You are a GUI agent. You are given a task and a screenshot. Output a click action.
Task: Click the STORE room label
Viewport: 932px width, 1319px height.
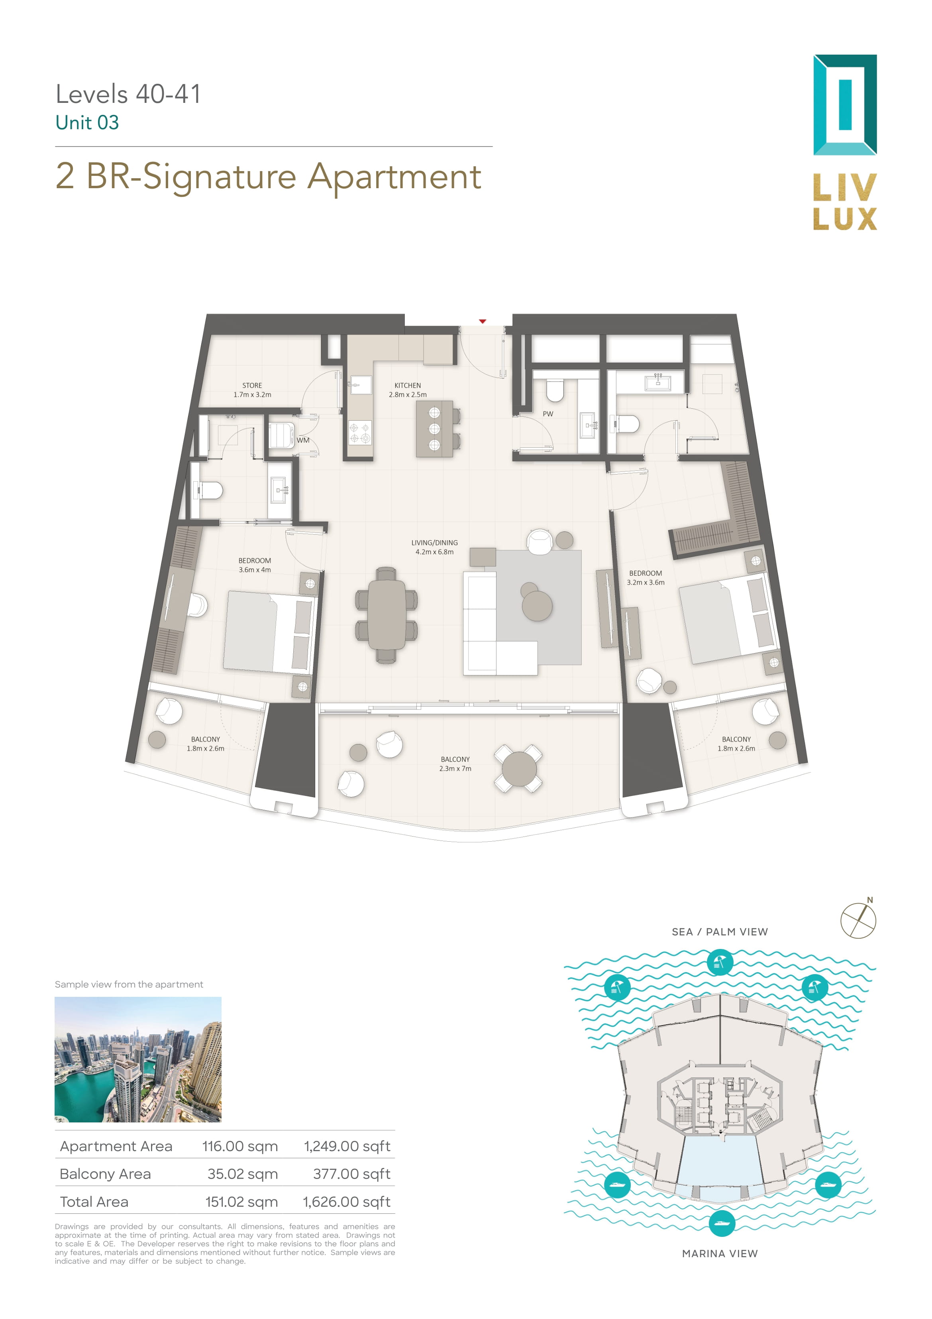pyautogui.click(x=252, y=386)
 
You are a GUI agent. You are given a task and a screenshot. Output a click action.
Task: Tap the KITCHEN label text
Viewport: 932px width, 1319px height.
pyautogui.click(x=408, y=386)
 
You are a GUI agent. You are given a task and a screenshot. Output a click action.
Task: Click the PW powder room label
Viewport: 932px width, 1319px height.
pyautogui.click(x=548, y=413)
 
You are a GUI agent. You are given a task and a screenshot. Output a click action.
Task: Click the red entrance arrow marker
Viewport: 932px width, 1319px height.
pyautogui.click(x=483, y=321)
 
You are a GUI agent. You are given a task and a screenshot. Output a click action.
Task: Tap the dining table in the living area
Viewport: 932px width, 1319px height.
pyautogui.click(x=387, y=615)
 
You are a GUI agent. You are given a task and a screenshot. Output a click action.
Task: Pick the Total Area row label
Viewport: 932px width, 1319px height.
pyautogui.click(x=94, y=1201)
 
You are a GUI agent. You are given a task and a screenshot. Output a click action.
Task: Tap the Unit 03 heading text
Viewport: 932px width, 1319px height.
pyautogui.click(x=87, y=122)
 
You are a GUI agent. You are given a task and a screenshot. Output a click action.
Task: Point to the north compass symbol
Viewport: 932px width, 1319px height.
pyautogui.click(x=859, y=920)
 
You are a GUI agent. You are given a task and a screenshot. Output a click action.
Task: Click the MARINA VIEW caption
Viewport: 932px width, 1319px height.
pyautogui.click(x=720, y=1254)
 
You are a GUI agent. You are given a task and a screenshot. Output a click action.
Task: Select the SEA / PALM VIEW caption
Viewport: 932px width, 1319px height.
pyautogui.click(x=720, y=932)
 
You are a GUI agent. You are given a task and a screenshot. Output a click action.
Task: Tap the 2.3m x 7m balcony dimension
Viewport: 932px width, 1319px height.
pyautogui.click(x=455, y=769)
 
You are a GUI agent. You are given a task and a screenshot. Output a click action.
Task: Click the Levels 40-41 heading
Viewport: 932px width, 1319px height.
pyautogui.click(x=128, y=94)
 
